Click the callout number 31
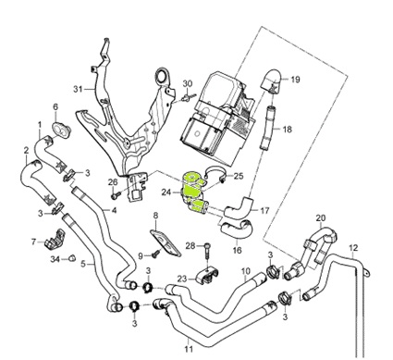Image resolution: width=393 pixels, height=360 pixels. [x=78, y=89]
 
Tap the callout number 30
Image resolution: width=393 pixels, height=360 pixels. [x=188, y=83]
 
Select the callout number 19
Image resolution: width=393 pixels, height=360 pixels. [x=295, y=80]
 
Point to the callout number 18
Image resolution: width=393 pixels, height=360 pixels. [x=287, y=129]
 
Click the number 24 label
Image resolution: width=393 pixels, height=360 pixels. [x=166, y=192]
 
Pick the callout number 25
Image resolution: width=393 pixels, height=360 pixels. [x=239, y=176]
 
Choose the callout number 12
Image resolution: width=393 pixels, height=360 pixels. [x=353, y=247]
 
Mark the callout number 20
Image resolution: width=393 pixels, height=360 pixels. [x=321, y=218]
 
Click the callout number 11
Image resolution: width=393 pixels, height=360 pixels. [x=189, y=349]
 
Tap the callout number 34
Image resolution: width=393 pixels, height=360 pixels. [x=55, y=259]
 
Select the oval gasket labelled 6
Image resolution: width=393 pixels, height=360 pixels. [x=61, y=130]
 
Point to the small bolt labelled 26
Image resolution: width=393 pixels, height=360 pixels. [x=116, y=195]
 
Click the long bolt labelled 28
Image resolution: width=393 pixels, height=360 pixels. [x=208, y=253]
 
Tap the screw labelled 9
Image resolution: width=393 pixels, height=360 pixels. [x=156, y=254]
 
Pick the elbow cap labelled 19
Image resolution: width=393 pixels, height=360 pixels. [x=271, y=80]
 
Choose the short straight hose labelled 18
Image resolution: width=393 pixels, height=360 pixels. [x=266, y=128]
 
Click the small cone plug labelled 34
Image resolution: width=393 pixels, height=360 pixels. [x=72, y=257]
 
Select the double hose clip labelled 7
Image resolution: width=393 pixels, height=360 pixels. [x=55, y=239]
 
